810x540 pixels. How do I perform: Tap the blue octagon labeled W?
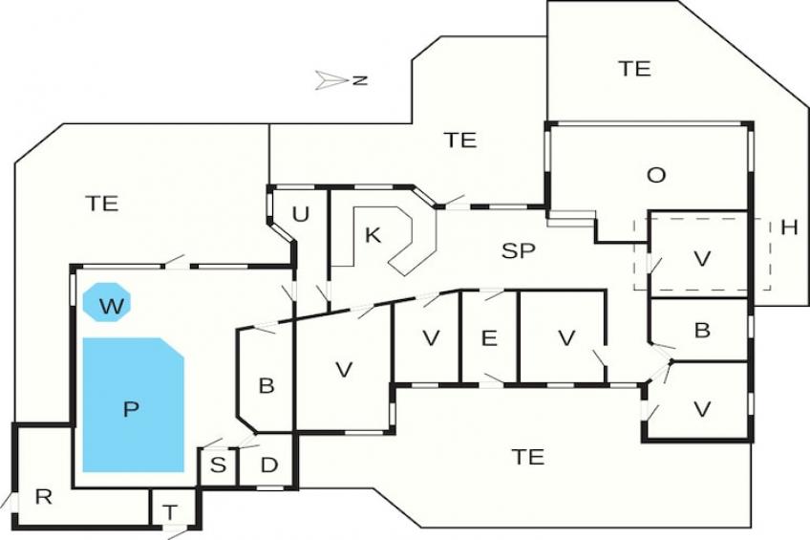107,305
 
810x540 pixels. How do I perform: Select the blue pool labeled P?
132,405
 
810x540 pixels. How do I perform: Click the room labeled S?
219,465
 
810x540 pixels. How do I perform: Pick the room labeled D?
268,465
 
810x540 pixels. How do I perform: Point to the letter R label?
42,496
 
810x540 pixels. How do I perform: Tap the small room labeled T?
170,512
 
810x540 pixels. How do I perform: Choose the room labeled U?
300,214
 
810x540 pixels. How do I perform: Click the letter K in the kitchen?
373,235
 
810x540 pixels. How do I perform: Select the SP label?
519,250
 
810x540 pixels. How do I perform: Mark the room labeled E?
489,337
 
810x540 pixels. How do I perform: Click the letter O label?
655,175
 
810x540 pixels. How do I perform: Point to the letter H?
789,227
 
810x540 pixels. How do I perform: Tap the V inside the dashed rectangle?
702,258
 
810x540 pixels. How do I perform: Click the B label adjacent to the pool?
266,385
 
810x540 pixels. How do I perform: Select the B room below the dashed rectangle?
702,331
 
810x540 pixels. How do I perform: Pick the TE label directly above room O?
633,68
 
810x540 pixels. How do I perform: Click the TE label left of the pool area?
101,203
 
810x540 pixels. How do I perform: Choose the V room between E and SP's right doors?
567,337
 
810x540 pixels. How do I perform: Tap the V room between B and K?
345,370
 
